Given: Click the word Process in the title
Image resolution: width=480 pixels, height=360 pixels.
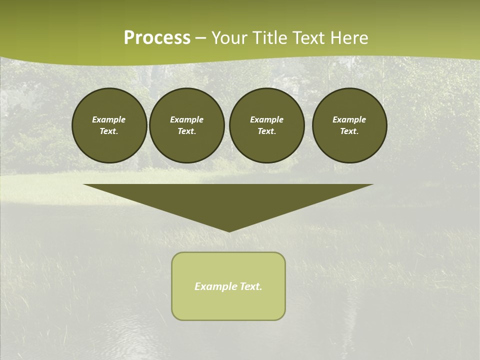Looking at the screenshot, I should click(157, 37).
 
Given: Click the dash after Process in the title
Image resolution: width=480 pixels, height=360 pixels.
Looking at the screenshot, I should click(201, 38).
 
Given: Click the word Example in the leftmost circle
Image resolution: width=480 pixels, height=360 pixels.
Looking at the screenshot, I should click(109, 119).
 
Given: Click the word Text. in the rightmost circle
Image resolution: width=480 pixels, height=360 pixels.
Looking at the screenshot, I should click(349, 131).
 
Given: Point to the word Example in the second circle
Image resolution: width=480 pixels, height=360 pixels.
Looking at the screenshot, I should click(186, 119).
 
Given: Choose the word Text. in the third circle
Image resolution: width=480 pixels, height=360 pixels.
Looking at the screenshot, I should click(266, 131).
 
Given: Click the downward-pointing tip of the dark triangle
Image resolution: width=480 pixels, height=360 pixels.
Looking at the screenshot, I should click(229, 230).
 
